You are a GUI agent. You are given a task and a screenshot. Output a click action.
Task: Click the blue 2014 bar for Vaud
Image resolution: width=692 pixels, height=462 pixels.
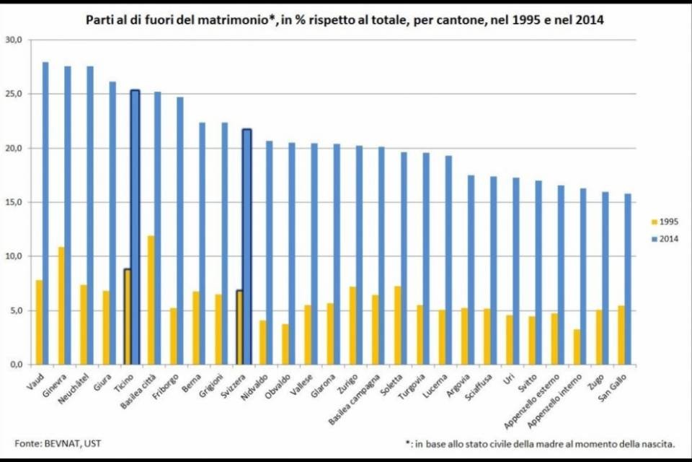click(x=45, y=213)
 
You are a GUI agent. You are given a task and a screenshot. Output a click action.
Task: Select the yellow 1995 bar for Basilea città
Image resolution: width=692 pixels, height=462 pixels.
click(x=151, y=300)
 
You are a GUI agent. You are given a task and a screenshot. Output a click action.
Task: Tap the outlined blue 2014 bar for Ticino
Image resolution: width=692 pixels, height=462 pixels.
click(x=135, y=227)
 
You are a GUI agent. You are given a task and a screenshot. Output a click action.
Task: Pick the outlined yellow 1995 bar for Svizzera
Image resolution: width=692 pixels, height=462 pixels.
click(x=239, y=328)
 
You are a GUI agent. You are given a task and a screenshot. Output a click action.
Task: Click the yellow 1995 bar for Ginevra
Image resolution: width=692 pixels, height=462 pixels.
click(x=61, y=306)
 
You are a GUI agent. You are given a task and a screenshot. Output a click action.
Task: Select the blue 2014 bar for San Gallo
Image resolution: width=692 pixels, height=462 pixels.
click(x=628, y=279)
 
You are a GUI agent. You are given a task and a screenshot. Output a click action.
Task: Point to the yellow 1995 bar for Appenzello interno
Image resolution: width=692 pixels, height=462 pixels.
click(x=577, y=347)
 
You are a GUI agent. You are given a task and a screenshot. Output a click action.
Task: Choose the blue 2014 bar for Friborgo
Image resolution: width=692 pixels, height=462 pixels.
click(x=180, y=231)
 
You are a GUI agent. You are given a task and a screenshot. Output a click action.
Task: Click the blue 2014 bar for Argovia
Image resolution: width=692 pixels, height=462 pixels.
click(x=471, y=270)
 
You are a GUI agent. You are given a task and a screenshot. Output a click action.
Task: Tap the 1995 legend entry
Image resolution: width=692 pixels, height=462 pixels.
click(x=665, y=222)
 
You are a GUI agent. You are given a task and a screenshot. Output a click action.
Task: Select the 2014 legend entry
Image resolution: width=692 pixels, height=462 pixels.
click(x=665, y=239)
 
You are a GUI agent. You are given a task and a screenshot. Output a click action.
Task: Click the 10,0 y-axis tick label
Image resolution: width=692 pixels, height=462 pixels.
click(x=14, y=256)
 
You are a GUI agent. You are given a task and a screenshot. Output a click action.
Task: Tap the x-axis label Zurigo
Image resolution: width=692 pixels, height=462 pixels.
click(x=347, y=384)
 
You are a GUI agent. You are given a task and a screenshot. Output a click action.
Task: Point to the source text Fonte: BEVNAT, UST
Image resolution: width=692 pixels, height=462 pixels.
click(x=58, y=443)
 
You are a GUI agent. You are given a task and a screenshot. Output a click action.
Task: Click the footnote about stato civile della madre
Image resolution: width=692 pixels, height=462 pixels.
click(x=540, y=443)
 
